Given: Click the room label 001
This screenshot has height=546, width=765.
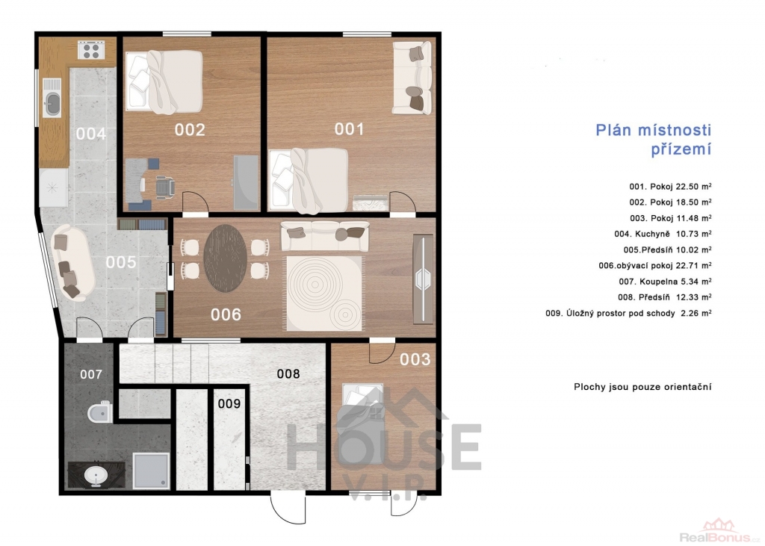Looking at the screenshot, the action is pyautogui.click(x=349, y=128).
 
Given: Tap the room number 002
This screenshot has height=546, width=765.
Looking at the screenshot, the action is pyautogui.click(x=190, y=130).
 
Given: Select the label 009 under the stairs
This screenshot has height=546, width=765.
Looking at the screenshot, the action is pyautogui.click(x=229, y=403).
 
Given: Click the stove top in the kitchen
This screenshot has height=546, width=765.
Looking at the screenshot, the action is pyautogui.click(x=91, y=50).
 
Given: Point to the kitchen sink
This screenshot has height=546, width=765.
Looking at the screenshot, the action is pyautogui.click(x=52, y=102).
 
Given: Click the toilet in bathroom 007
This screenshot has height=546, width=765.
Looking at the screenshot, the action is pyautogui.click(x=100, y=413).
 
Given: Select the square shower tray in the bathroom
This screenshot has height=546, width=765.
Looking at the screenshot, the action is pyautogui.click(x=151, y=471).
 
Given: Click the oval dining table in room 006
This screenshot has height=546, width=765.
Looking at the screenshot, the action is pyautogui.click(x=226, y=258).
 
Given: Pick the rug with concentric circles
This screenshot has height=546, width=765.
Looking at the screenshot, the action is pyautogui.click(x=324, y=293).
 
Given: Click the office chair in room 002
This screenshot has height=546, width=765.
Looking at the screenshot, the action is pyautogui.click(x=164, y=187).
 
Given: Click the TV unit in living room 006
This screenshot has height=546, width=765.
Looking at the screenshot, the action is pyautogui.click(x=423, y=279).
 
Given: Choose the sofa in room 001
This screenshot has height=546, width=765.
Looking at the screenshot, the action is pyautogui.click(x=412, y=78).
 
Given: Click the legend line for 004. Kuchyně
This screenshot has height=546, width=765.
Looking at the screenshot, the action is pyautogui.click(x=663, y=234).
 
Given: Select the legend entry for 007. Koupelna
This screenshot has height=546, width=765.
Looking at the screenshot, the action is pyautogui.click(x=665, y=281).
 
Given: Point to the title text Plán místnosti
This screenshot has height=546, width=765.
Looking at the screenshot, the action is pyautogui.click(x=653, y=130).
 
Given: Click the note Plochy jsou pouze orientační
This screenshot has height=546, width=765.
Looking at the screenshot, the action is pyautogui.click(x=642, y=388).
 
